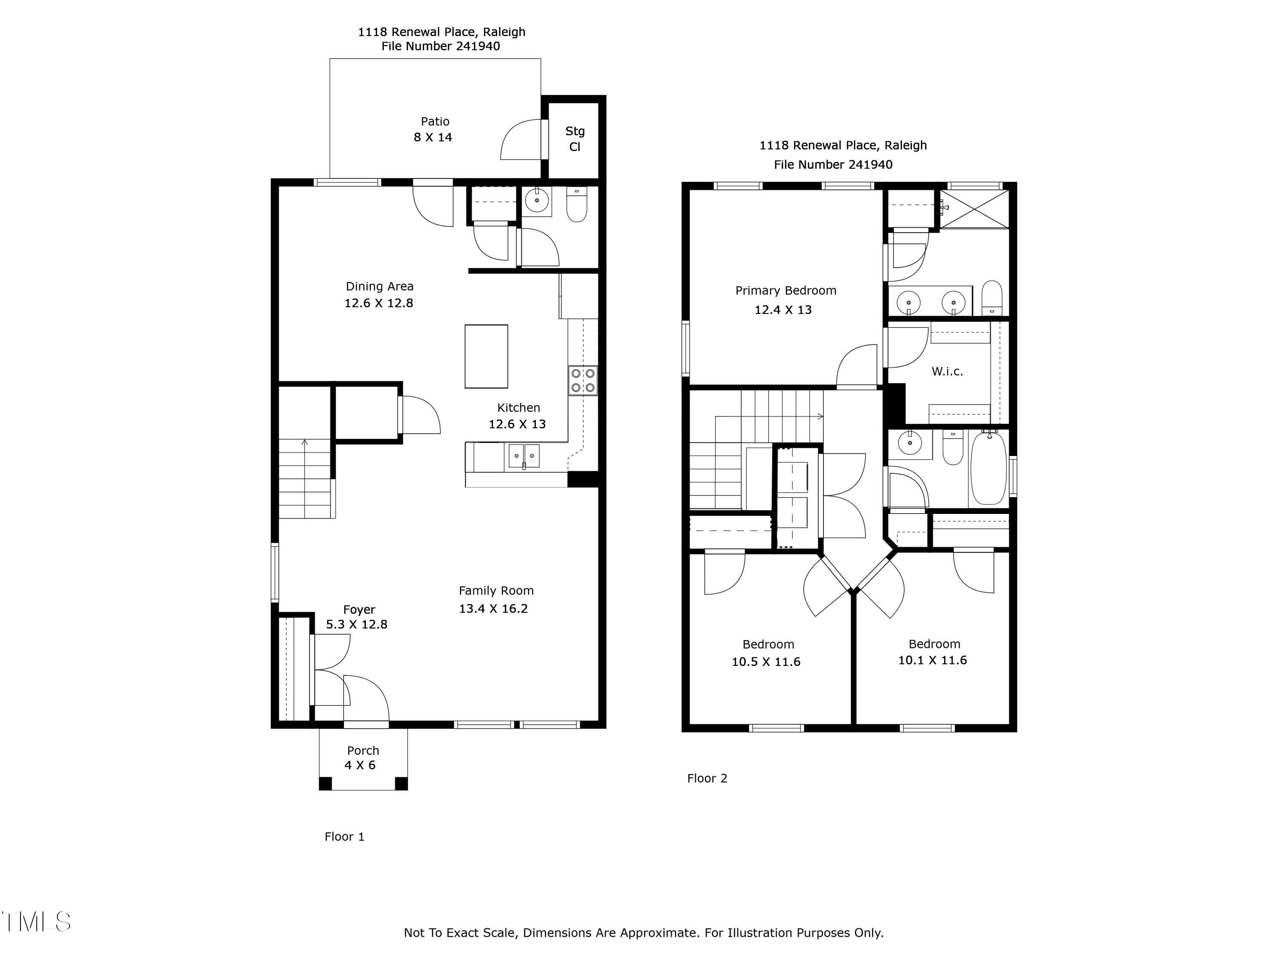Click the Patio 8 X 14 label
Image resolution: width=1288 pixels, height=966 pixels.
434,129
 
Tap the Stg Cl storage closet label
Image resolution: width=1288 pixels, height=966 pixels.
575,139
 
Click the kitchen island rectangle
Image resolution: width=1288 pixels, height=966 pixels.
486,356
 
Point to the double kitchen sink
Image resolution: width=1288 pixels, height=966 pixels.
524,456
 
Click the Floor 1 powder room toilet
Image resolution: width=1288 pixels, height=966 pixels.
577,205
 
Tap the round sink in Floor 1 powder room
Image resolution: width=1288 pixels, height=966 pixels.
536,201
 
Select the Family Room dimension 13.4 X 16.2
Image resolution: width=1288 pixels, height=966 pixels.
493,608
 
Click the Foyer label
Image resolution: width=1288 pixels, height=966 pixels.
358,610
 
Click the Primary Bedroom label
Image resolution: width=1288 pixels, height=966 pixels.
786,291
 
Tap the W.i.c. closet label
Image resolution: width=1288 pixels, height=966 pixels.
947,371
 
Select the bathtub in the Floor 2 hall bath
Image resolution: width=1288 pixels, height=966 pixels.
988,468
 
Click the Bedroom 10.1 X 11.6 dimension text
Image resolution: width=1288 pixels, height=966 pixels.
932,660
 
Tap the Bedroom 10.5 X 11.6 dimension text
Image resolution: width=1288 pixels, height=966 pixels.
766,662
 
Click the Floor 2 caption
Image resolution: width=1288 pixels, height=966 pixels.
707,778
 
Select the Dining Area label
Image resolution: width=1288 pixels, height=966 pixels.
380,286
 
